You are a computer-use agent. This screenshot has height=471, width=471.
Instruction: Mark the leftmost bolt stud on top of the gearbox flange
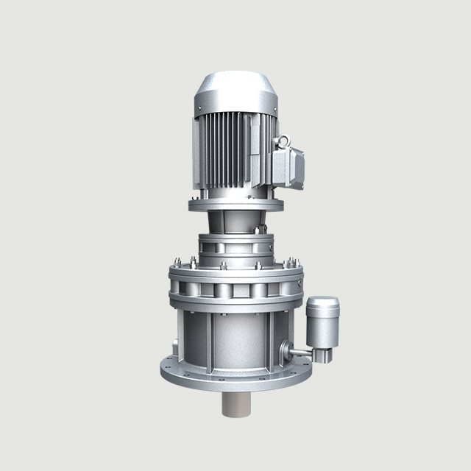click(x=178, y=260)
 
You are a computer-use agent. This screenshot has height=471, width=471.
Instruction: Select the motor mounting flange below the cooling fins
click(x=235, y=202)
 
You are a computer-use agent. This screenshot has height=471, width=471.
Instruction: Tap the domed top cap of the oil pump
click(x=322, y=302)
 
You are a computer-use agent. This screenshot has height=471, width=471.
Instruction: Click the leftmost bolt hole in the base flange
click(x=166, y=365)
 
